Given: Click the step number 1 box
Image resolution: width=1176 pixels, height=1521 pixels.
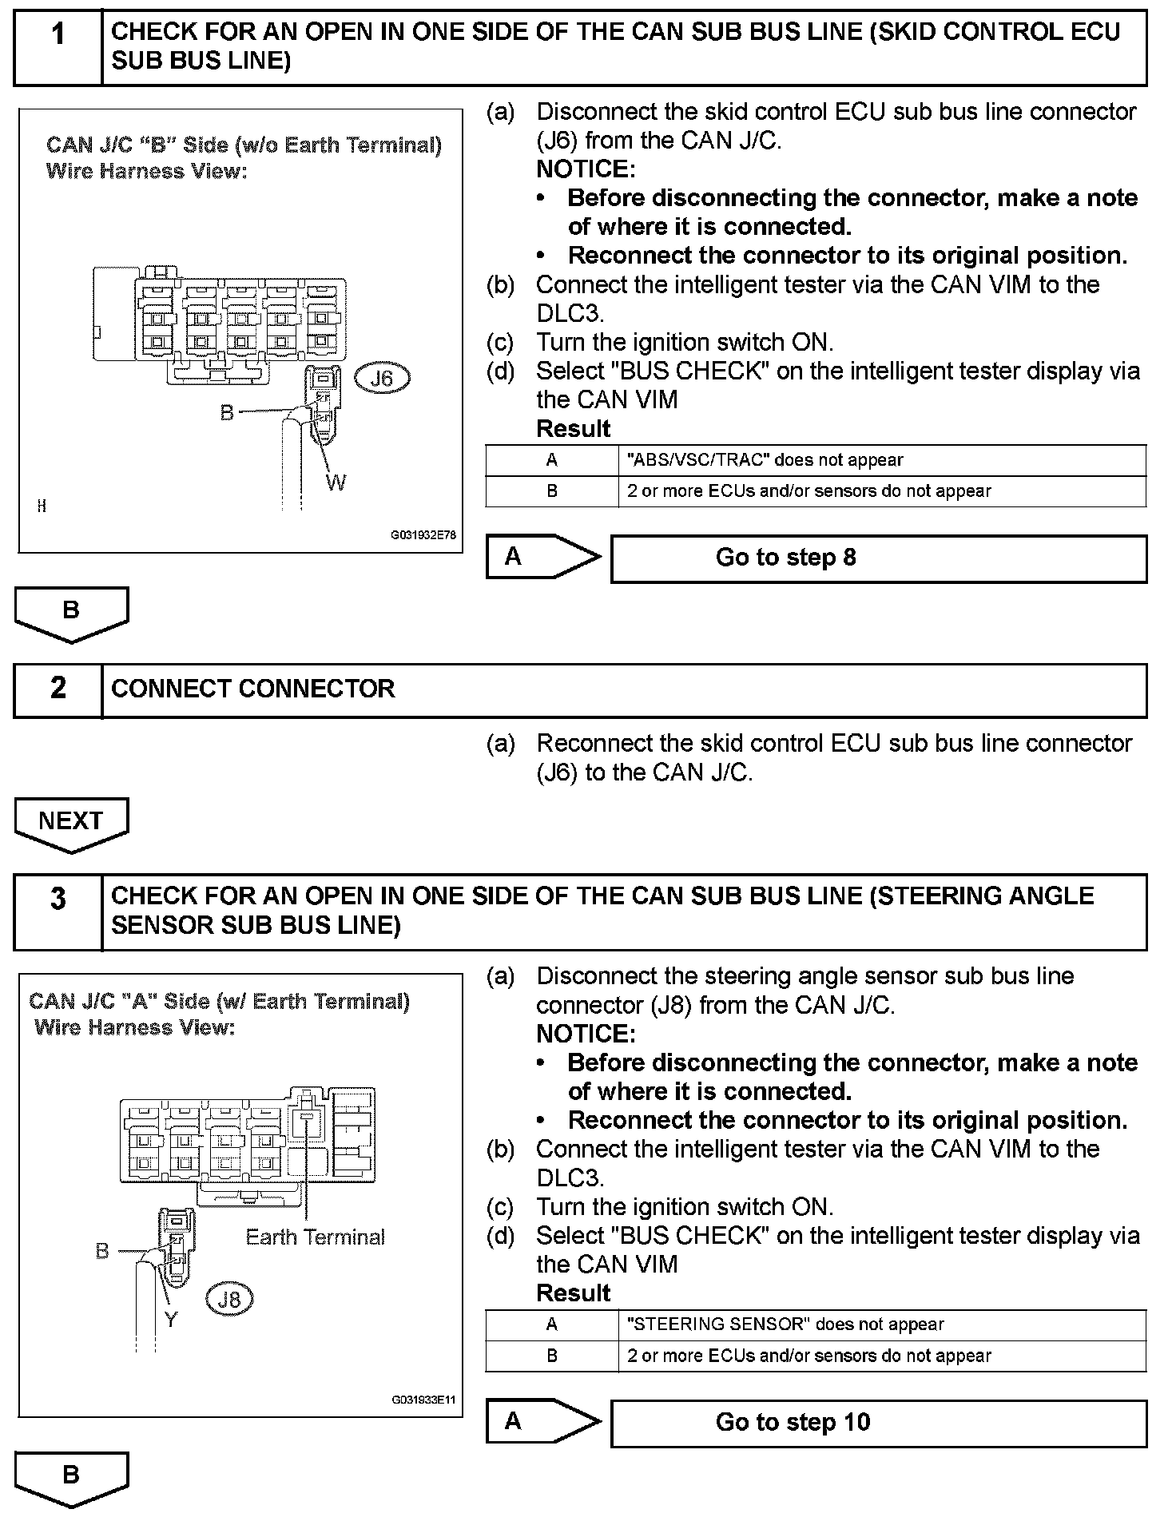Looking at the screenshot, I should click(58, 46).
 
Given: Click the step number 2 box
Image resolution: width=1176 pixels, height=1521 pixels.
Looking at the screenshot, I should click(58, 689).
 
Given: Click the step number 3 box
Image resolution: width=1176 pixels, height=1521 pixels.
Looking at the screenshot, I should click(58, 911).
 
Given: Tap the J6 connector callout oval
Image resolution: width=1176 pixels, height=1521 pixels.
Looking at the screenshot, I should click(382, 378).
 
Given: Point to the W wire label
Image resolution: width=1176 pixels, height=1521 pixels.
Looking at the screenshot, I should click(336, 483).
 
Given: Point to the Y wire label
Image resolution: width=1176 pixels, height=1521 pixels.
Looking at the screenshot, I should click(171, 1319).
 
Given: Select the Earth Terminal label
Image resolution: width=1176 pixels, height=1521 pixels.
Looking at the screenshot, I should click(315, 1237).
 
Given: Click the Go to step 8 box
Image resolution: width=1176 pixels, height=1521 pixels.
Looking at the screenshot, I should click(878, 558).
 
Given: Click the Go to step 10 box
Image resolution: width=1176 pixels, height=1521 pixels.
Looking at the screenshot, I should click(878, 1423).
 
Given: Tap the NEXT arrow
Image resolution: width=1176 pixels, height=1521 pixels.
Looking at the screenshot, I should click(70, 823).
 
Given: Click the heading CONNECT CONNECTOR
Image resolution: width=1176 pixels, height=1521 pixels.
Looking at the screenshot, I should click(253, 689).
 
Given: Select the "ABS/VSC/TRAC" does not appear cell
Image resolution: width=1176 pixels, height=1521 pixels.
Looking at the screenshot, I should click(881, 460).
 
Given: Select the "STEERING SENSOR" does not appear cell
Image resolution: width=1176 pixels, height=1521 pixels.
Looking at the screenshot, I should click(881, 1325).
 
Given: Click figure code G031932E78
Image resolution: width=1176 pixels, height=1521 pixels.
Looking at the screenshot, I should click(423, 535).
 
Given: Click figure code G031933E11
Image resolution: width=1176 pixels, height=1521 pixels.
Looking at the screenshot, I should click(423, 1400).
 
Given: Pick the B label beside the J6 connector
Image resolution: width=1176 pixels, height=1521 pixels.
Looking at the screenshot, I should click(228, 412).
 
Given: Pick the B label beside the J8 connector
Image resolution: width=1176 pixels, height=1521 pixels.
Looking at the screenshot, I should click(102, 1251).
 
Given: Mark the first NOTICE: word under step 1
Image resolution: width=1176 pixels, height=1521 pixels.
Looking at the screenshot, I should click(586, 169).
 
